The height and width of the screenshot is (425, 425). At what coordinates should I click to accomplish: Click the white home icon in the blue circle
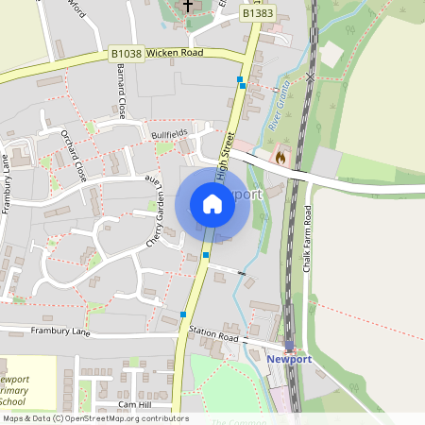pos(212,204)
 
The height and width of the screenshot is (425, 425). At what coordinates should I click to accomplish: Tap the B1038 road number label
pos(126,54)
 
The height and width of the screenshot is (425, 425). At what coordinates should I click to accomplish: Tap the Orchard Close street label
pos(73,156)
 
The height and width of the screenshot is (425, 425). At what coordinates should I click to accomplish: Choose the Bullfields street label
pos(169,136)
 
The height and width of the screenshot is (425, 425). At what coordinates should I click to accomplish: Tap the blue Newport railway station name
pos(288,360)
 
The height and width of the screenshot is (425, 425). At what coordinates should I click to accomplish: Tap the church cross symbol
pos(187,7)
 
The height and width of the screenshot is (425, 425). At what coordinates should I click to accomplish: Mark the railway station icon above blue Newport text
pos(289,347)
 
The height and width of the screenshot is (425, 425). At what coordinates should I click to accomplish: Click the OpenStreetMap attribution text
pos(94,418)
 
